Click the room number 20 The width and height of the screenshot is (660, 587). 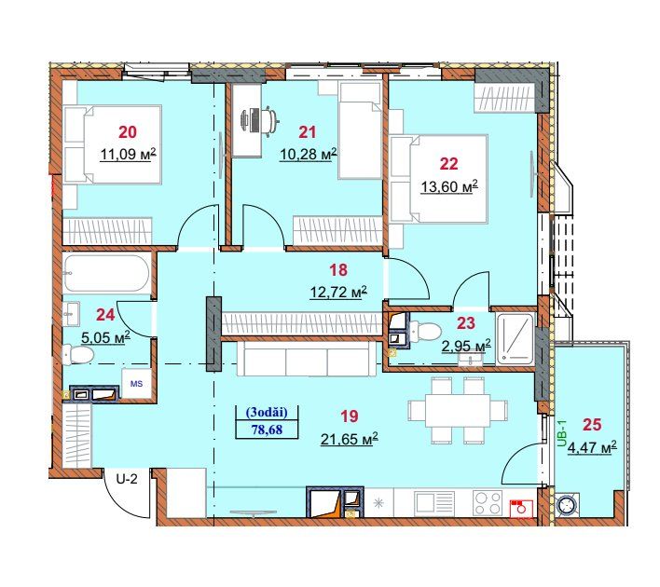[x=128, y=132]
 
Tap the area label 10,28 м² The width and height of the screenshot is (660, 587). [x=309, y=154]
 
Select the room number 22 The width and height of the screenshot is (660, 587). [x=448, y=164]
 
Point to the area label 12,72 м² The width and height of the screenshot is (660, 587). [x=338, y=292]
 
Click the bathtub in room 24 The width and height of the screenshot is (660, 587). [x=106, y=273]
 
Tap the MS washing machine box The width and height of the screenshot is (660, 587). [x=136, y=383]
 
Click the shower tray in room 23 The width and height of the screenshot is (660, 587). [x=515, y=339]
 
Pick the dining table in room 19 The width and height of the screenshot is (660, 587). [x=457, y=410]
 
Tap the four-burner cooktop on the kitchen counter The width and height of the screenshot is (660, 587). [x=488, y=503]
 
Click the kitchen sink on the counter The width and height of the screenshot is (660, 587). [x=434, y=503]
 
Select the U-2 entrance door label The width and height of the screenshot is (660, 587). [x=127, y=478]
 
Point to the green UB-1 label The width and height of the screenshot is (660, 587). [x=562, y=434]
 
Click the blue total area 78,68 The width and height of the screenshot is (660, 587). [x=267, y=430]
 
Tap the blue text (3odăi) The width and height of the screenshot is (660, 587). [x=267, y=413]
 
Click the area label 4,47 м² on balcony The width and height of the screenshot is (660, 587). [x=592, y=447]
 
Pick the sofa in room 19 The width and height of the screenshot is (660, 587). [x=307, y=358]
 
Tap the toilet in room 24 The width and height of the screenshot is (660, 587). [x=77, y=353]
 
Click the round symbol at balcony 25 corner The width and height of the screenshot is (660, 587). [x=568, y=505]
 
